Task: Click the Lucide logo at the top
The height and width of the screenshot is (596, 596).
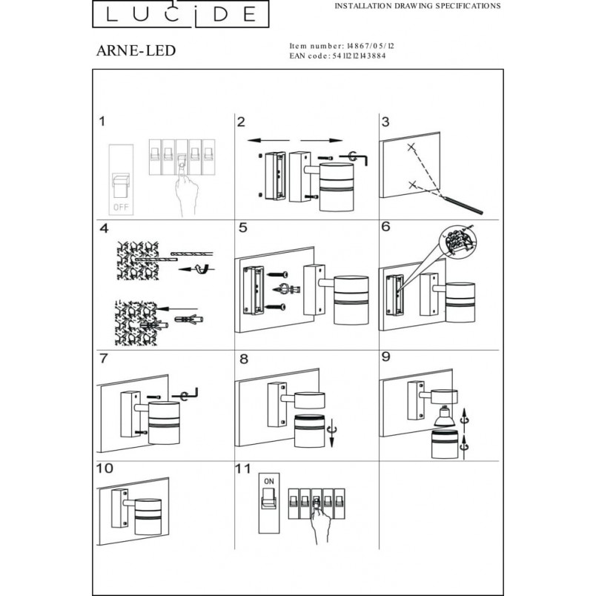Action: (181, 14)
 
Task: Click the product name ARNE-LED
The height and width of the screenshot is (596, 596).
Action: (136, 50)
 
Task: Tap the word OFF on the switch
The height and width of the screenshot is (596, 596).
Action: (121, 208)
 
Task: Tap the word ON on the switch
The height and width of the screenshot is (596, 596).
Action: (269, 481)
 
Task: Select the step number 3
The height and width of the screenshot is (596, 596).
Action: (385, 122)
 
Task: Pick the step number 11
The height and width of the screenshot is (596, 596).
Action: (242, 468)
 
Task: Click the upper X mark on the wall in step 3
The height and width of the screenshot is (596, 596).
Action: (411, 147)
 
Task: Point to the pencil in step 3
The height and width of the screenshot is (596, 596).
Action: (463, 205)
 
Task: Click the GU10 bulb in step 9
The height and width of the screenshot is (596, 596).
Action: (445, 416)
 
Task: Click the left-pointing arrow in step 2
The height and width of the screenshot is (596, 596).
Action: (268, 141)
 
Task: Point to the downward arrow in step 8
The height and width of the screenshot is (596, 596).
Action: (331, 433)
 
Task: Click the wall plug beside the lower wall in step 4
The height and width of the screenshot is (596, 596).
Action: (188, 319)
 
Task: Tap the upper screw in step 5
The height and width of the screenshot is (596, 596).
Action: (278, 274)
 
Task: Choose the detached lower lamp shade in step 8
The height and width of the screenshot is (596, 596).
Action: (310, 431)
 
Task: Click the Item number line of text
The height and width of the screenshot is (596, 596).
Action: (342, 46)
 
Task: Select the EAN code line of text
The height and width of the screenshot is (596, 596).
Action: (337, 56)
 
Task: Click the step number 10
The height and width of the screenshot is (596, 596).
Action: (105, 468)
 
